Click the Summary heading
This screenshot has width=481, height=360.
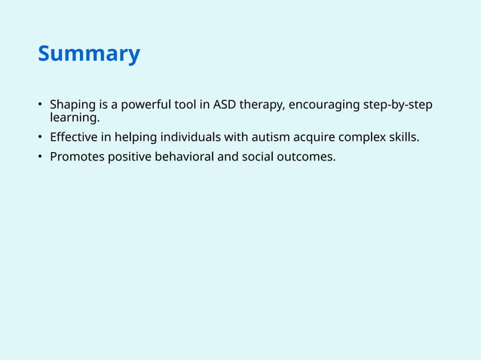tap(88, 54)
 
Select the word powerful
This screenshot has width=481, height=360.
tap(137, 105)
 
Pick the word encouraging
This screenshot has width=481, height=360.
tap(324, 105)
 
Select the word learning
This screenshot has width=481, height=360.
tap(74, 117)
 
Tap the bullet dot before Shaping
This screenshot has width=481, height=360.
tap(41, 105)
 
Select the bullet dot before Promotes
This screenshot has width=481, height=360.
tap(41, 157)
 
